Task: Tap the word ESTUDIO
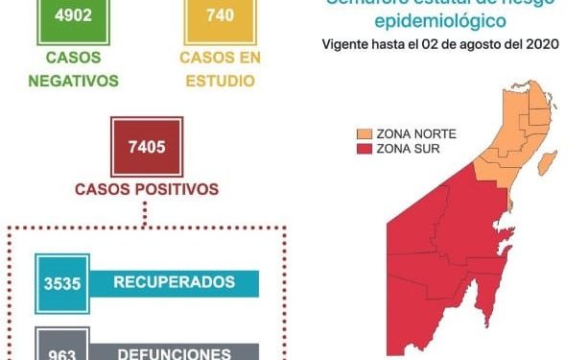click(x=219, y=81)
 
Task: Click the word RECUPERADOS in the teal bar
click(x=174, y=283)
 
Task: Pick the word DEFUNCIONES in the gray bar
click(x=174, y=352)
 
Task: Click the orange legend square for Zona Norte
click(x=365, y=132)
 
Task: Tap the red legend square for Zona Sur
click(x=365, y=148)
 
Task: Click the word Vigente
click(x=348, y=45)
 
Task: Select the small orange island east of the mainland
click(x=546, y=164)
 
